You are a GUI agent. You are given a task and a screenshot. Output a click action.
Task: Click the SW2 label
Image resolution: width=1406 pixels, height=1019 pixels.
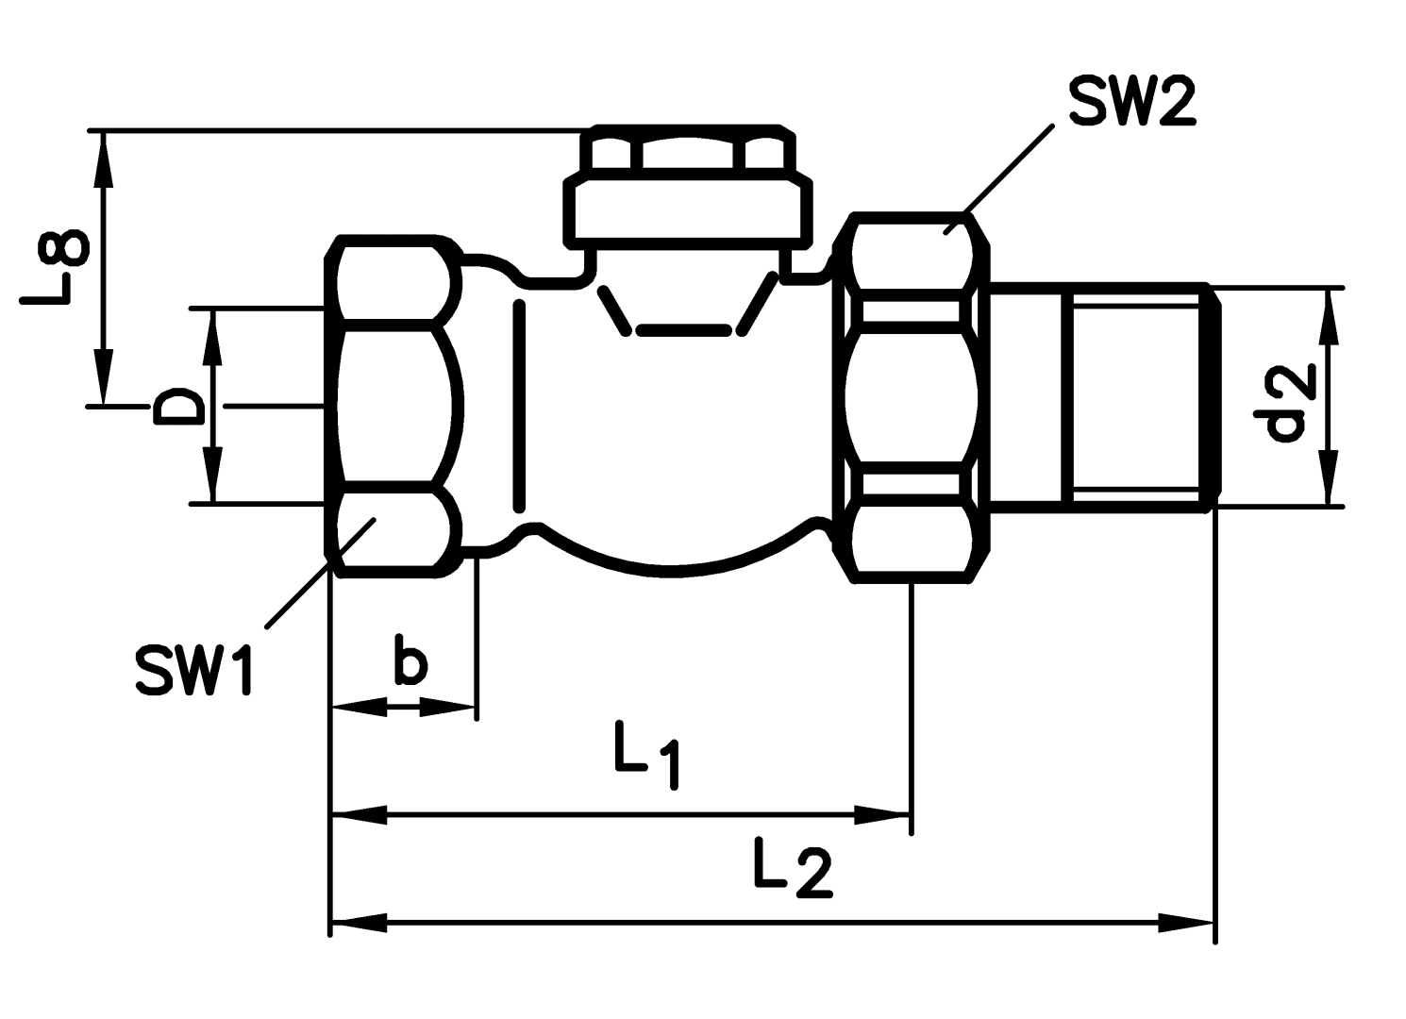[1132, 101]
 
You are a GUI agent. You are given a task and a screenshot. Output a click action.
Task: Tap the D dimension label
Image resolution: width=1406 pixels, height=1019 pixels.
[179, 407]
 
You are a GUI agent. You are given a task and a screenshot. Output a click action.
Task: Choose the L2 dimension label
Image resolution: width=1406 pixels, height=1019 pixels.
[793, 867]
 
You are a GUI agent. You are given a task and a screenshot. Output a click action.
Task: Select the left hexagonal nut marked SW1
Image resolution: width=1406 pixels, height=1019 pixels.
[392, 406]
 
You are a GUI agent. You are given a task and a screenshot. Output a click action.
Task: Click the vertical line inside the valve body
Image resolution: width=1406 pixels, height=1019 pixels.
[518, 406]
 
